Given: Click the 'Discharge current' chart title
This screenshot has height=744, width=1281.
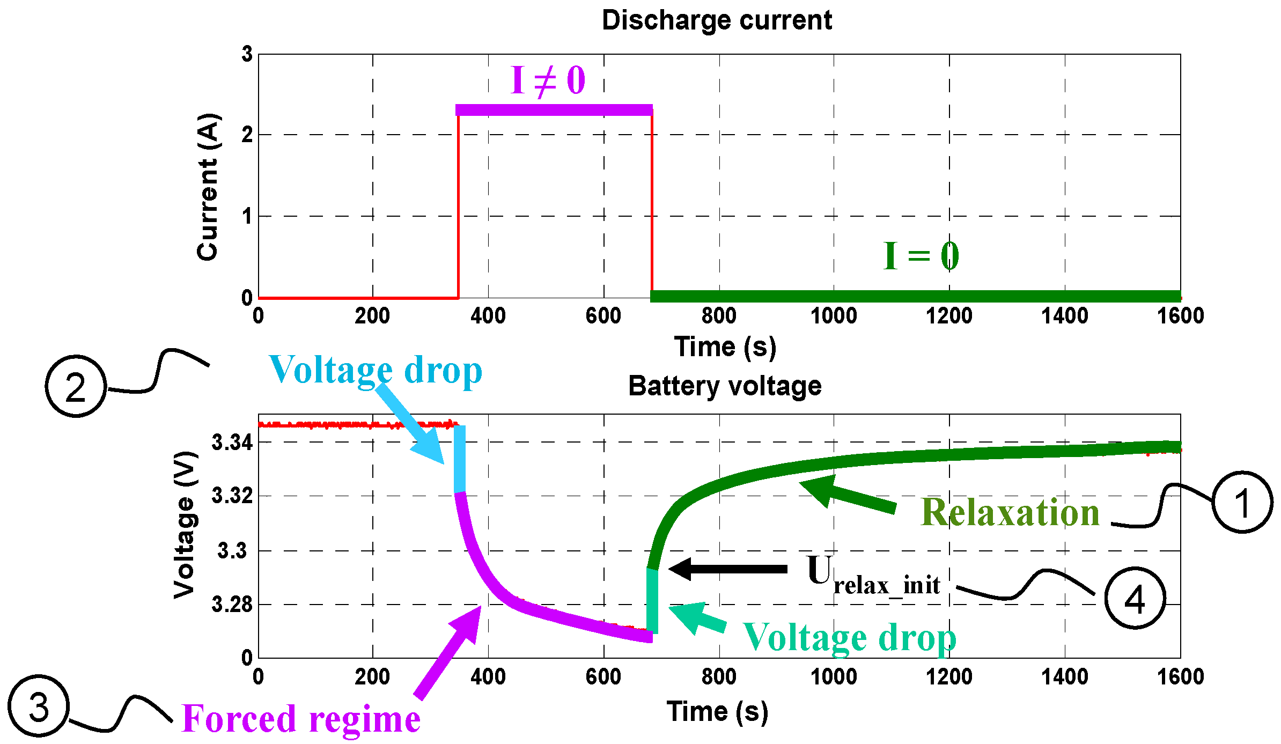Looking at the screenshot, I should (x=717, y=20).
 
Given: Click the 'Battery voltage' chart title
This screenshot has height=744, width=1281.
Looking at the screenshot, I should (x=725, y=386).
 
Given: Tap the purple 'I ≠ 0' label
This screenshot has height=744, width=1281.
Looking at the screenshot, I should (x=548, y=81).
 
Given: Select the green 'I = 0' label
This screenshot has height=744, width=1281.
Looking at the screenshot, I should (x=921, y=256).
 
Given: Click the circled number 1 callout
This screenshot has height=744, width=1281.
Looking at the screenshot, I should (x=1242, y=502).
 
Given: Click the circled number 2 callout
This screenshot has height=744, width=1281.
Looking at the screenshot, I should (x=76, y=386).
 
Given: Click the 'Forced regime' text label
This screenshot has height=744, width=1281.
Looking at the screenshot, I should (x=301, y=719).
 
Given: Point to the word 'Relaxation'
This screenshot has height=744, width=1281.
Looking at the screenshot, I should (x=1010, y=512).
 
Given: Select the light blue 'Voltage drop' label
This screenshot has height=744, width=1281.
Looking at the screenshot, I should (x=375, y=370).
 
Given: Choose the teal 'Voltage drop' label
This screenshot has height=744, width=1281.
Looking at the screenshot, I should (x=849, y=638).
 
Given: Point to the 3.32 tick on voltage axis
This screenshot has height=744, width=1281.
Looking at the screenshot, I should (x=232, y=496).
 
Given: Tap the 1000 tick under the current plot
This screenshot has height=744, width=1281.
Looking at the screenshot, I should (x=834, y=315).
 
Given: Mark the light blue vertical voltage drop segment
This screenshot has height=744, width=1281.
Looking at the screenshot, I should (x=459, y=459).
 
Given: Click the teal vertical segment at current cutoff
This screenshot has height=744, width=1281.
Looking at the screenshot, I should (x=652, y=601).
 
